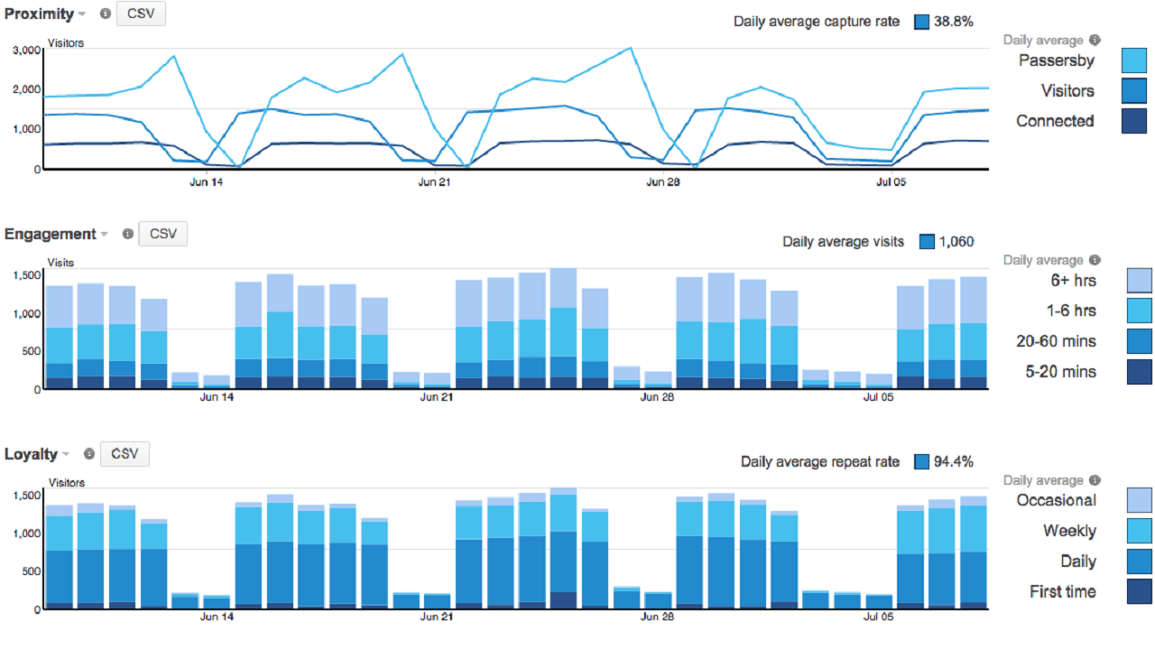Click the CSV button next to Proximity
click(141, 14)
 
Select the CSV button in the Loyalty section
click(125, 454)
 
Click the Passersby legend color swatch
click(1133, 60)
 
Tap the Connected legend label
click(1055, 121)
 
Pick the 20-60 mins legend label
click(1057, 341)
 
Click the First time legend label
click(1063, 591)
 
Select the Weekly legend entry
click(1069, 531)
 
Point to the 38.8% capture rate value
click(953, 22)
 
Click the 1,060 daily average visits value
click(956, 242)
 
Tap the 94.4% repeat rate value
click(953, 462)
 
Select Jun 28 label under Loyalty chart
click(657, 617)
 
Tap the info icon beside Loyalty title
click(88, 455)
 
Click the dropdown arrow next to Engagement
click(105, 235)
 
